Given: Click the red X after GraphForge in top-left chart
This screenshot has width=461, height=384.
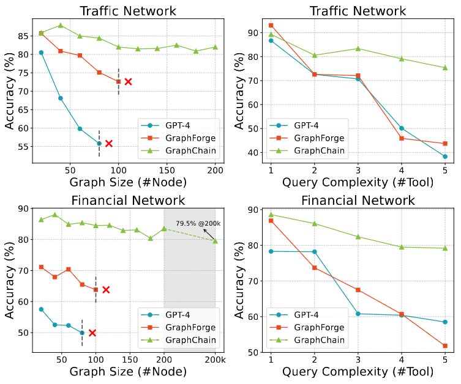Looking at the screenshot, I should tap(128, 81).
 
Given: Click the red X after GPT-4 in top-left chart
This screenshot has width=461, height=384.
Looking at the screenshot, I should tap(108, 144).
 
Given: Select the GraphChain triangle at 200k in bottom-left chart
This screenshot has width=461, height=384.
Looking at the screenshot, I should tap(215, 241).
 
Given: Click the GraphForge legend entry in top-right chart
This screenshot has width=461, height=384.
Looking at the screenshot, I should tap(318, 138).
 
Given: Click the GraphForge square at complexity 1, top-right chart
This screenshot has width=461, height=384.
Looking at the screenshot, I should tap(271, 25).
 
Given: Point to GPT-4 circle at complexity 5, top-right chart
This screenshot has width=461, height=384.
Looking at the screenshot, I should tap(445, 157).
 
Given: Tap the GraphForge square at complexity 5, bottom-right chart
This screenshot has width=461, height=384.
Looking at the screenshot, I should tap(445, 345).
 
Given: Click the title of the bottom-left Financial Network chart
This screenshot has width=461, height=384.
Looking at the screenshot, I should tap(127, 201).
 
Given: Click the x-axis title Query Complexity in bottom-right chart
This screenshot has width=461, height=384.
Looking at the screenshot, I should tap(358, 372).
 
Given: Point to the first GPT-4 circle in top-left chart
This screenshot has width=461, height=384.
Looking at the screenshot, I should tap(41, 53).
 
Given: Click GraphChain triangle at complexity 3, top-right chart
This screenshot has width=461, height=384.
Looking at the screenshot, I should tap(358, 48).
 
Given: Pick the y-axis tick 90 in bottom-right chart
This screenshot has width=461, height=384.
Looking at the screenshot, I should tap(251, 210).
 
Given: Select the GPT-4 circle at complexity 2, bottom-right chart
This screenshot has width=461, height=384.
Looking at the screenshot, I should tap(314, 252).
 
